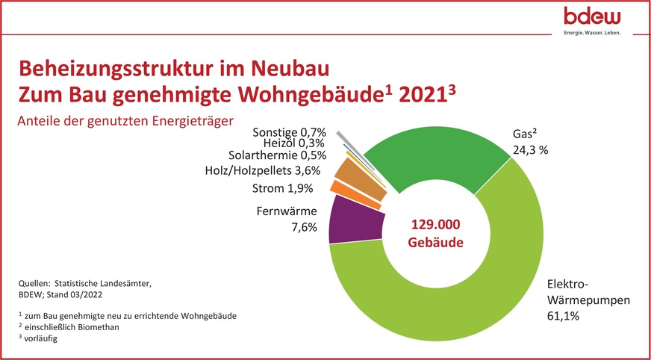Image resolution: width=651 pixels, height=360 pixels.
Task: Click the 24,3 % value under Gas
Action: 532,149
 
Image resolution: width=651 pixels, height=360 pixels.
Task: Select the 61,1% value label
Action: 564,317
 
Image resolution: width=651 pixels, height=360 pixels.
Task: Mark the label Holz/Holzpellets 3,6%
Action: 262,170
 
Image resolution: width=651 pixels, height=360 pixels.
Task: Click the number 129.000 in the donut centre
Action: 437,225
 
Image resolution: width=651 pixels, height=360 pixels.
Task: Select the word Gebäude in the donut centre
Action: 437,243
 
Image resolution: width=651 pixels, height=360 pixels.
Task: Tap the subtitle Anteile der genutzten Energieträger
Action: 124,120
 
